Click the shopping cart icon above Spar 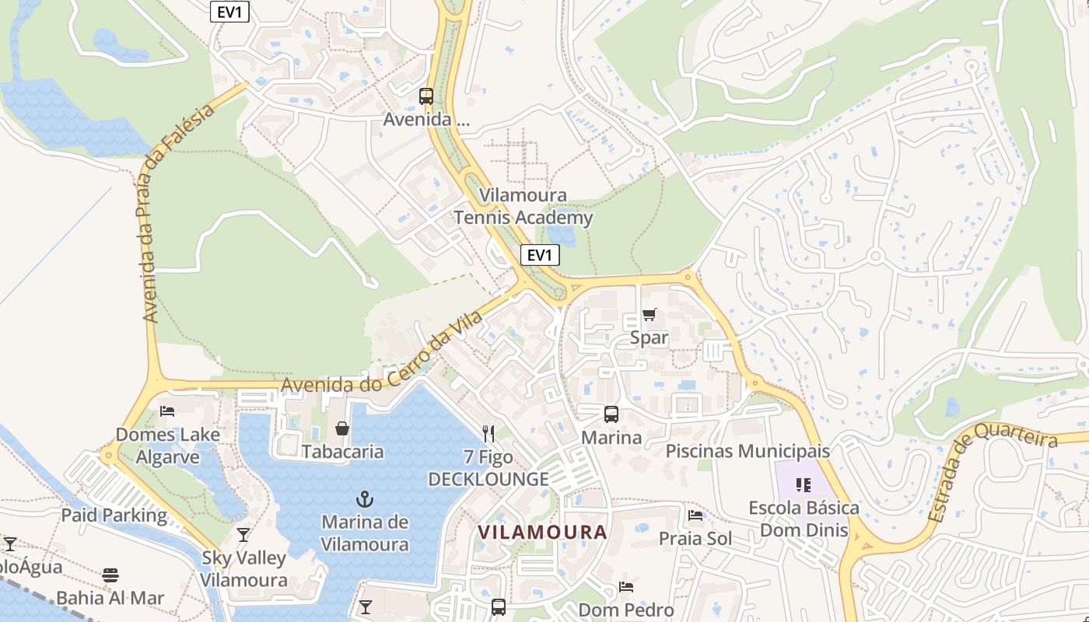pyautogui.click(x=649, y=315)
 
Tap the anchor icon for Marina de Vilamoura pyautogui.click(x=364, y=498)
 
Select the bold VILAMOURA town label pyautogui.click(x=542, y=533)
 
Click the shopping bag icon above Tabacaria pyautogui.click(x=342, y=428)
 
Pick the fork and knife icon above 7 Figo pyautogui.click(x=488, y=434)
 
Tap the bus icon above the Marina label pyautogui.click(x=611, y=414)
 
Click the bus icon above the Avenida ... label pyautogui.click(x=425, y=96)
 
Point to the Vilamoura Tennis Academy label pyautogui.click(x=523, y=207)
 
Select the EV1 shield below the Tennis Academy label pyautogui.click(x=540, y=255)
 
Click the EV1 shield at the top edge pyautogui.click(x=229, y=11)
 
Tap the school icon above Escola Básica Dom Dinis pyautogui.click(x=804, y=486)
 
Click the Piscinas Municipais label pyautogui.click(x=748, y=451)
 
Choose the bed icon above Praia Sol pyautogui.click(x=695, y=515)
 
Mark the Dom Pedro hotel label pyautogui.click(x=626, y=610)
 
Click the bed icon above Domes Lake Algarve pyautogui.click(x=167, y=411)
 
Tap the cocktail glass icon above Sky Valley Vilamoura pyautogui.click(x=243, y=535)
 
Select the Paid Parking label pyautogui.click(x=114, y=515)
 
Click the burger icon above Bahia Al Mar pyautogui.click(x=110, y=575)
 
